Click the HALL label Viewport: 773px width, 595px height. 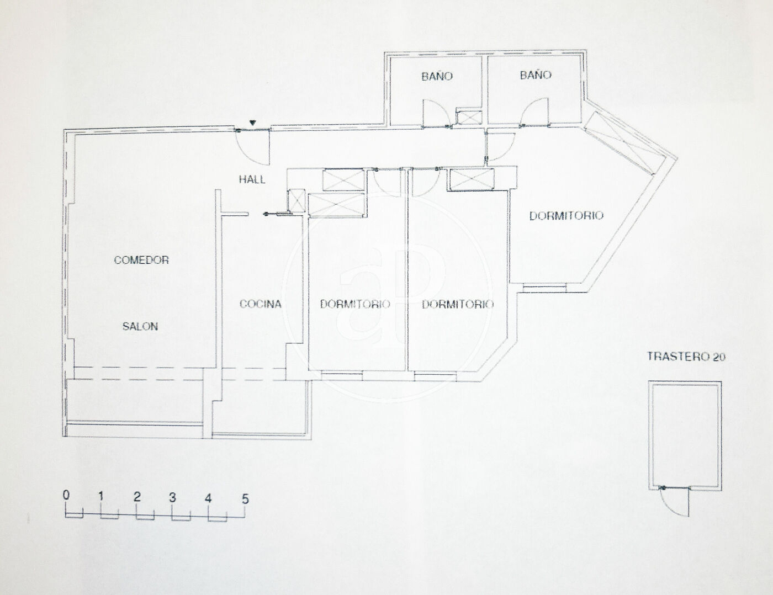point(252,179)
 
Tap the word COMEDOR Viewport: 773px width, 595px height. point(141,260)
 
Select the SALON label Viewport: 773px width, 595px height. point(140,326)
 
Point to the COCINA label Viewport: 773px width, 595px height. point(261,304)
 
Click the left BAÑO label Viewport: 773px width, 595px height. point(437,76)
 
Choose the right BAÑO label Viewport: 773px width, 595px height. point(536,75)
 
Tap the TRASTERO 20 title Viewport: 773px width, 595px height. point(686,357)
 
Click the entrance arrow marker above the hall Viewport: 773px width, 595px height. point(252,123)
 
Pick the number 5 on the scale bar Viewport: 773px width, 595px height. point(245,499)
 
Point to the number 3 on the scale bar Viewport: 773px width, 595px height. point(172,498)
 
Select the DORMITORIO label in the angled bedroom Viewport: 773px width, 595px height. point(566,216)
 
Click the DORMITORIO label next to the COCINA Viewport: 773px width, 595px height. point(355,304)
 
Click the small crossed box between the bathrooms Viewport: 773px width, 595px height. point(469,118)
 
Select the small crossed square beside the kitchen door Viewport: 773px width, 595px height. point(297,201)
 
